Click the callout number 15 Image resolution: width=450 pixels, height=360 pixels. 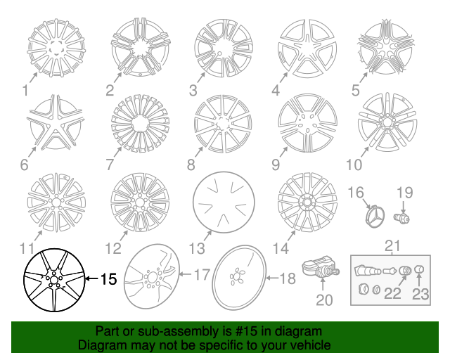click(x=107, y=279)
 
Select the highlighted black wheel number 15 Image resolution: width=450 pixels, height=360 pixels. click(x=53, y=281)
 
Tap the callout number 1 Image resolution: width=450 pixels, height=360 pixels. click(x=25, y=90)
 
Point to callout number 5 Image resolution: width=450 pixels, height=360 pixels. click(x=356, y=90)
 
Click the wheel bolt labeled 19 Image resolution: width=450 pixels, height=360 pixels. click(x=403, y=217)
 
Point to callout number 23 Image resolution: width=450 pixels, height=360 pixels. click(x=420, y=293)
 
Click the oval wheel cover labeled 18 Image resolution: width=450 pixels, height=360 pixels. click(x=240, y=278)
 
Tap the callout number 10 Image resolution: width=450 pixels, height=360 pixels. click(x=354, y=165)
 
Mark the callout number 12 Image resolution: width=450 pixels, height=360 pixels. click(x=113, y=248)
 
